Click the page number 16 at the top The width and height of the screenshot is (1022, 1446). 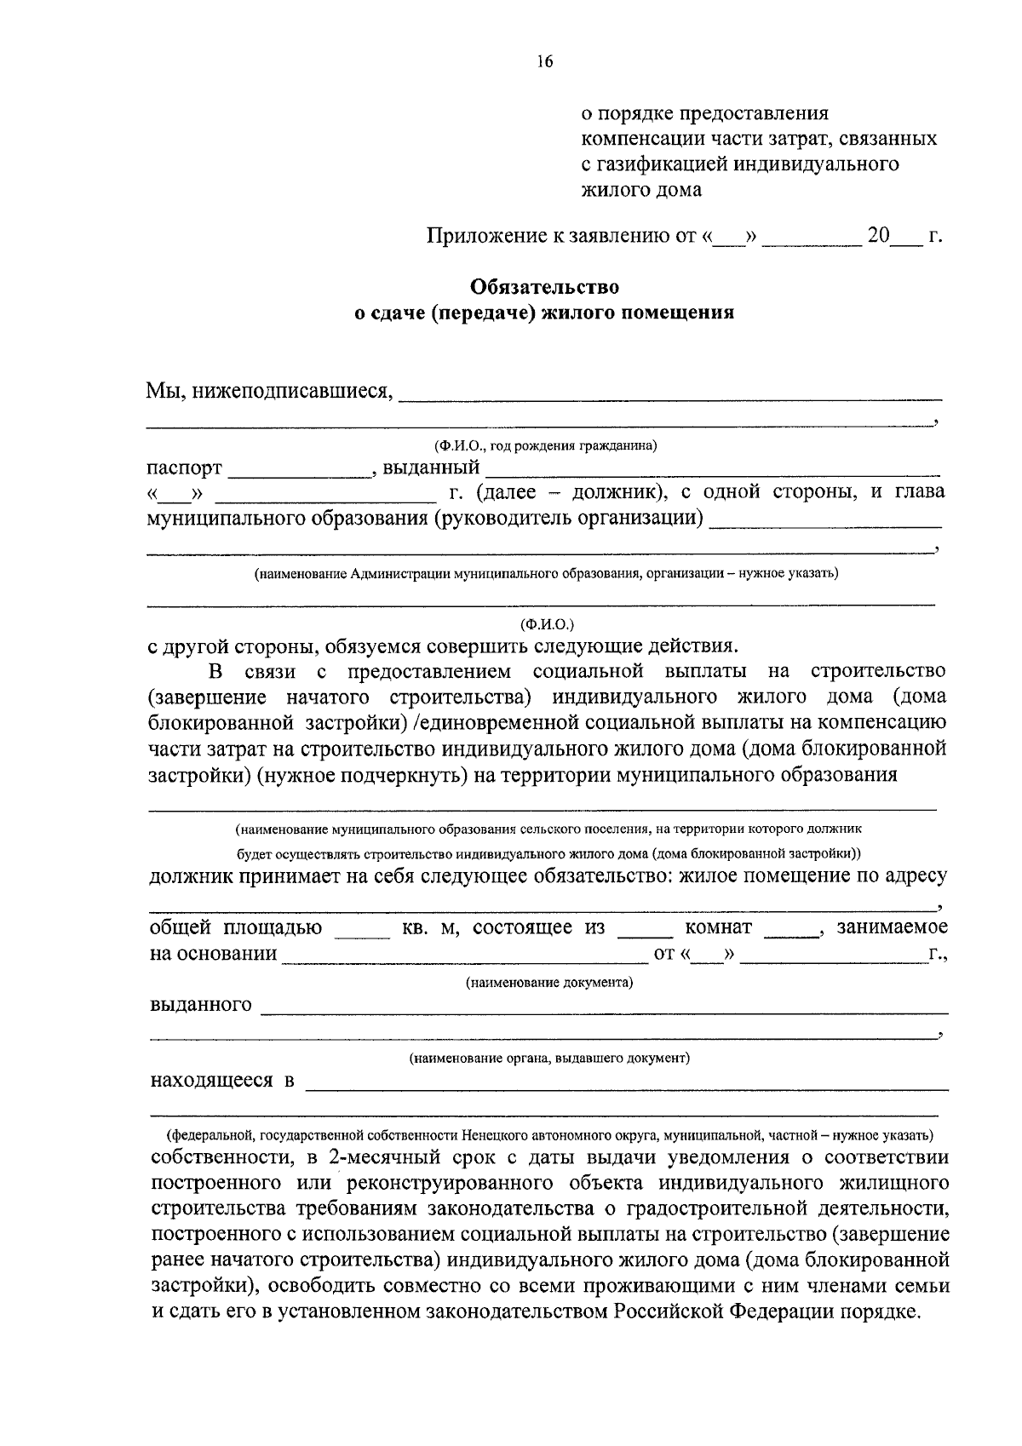pyautogui.click(x=545, y=61)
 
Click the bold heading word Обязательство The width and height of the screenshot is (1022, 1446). pyautogui.click(x=544, y=287)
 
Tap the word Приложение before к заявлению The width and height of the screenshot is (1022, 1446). pyautogui.click(x=482, y=236)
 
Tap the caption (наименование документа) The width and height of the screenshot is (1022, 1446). pyautogui.click(x=548, y=983)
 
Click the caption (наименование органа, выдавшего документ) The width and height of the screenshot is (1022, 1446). pyautogui.click(x=548, y=1059)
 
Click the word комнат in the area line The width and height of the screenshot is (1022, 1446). pyautogui.click(x=718, y=927)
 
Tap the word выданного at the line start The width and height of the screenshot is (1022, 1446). pyautogui.click(x=201, y=1005)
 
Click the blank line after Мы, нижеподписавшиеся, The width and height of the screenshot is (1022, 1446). pyautogui.click(x=670, y=394)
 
